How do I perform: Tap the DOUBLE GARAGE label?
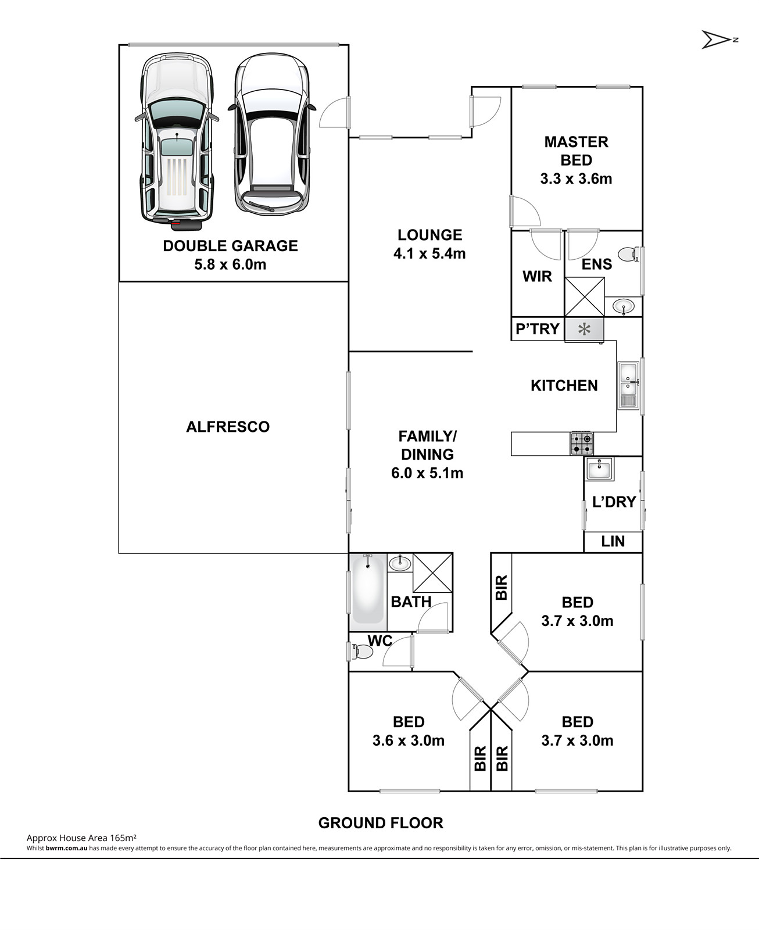(x=230, y=246)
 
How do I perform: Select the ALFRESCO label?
(x=228, y=427)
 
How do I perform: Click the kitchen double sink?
(x=628, y=386)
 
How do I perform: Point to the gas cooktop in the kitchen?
(x=582, y=443)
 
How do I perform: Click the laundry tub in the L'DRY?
(x=599, y=469)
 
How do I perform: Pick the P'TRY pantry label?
(x=537, y=328)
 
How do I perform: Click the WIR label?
(x=537, y=277)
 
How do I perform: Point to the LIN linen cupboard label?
(x=613, y=541)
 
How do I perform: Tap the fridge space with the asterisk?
(x=584, y=329)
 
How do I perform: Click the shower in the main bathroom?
(x=432, y=573)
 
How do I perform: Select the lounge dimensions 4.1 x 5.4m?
(x=429, y=253)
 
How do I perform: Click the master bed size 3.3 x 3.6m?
(x=576, y=178)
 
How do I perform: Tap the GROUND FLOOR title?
(x=381, y=823)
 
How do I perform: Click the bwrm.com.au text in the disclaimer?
(x=67, y=848)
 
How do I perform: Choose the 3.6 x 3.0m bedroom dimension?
(x=409, y=741)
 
